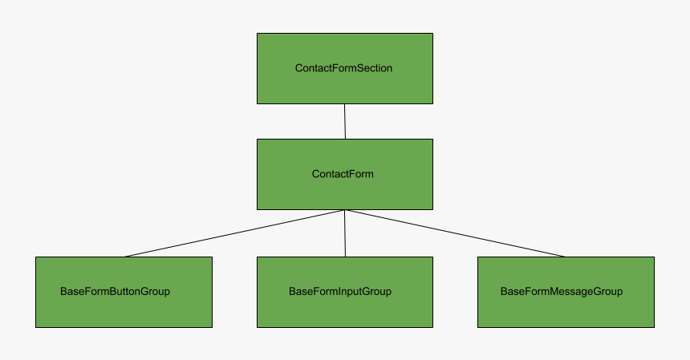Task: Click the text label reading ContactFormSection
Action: [344, 68]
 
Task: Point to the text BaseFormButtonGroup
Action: [115, 291]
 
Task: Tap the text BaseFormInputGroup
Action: [340, 291]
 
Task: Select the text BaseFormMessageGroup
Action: [562, 291]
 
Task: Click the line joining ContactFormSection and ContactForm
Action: [345, 121]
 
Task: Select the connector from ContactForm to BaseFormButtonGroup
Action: [234, 233]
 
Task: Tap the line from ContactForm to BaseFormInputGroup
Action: [345, 233]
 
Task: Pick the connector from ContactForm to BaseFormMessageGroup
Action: [455, 233]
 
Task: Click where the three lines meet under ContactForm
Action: [345, 210]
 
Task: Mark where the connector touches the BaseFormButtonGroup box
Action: [124, 257]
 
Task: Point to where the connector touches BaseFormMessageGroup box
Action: [566, 257]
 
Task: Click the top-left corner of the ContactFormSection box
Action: [258, 34]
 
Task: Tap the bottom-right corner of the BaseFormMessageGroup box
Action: [654, 327]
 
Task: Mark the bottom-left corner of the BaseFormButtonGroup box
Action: [36, 327]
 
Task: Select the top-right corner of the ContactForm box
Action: [432, 140]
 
